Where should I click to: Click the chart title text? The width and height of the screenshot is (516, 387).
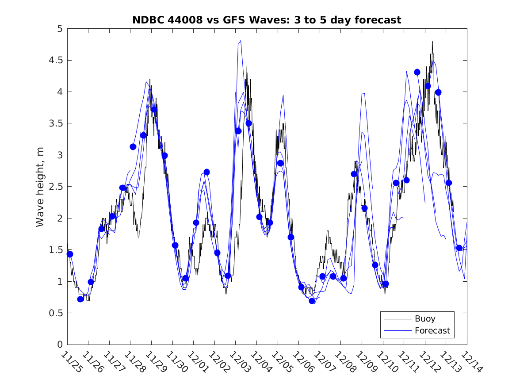(267, 20)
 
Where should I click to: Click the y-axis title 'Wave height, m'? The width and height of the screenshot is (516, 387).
(40, 187)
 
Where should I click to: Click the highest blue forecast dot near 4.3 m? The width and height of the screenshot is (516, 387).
(417, 72)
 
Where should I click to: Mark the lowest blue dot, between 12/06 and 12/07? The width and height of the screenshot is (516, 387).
(312, 301)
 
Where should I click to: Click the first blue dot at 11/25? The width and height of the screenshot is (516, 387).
(70, 254)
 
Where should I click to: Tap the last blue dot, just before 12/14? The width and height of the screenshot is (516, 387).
(459, 248)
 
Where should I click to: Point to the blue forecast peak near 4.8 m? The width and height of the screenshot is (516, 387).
(240, 41)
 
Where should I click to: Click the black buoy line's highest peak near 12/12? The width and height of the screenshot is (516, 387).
(432, 42)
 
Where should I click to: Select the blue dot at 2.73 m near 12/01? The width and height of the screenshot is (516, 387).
(206, 172)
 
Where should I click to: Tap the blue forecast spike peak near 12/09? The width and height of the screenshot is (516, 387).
(363, 93)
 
